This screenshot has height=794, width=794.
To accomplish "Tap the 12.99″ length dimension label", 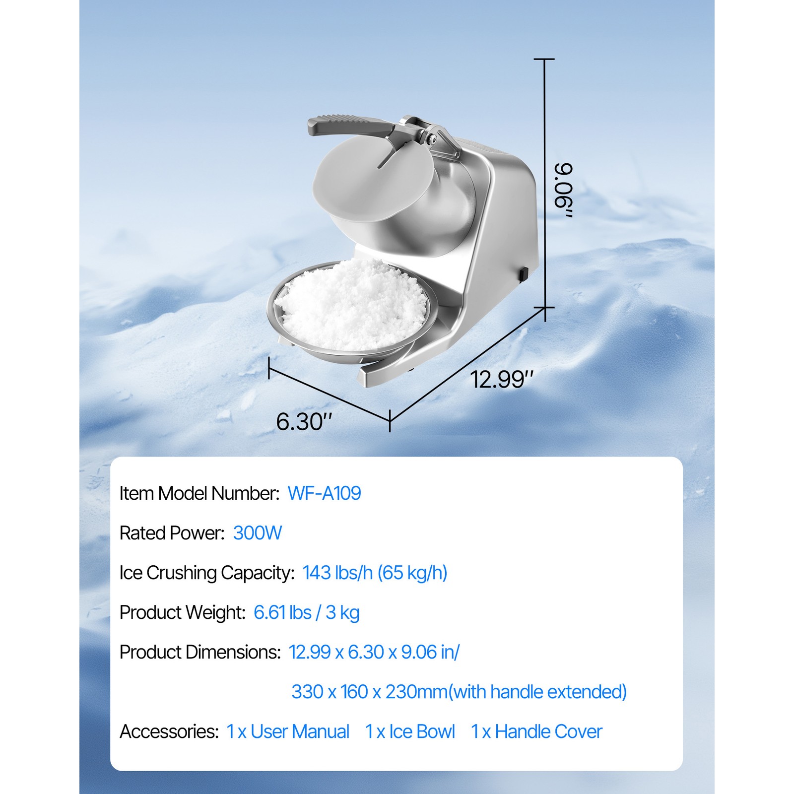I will (x=501, y=380).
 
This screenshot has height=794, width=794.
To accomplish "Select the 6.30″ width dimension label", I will (x=303, y=422).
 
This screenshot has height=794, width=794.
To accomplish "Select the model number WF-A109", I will (x=324, y=493).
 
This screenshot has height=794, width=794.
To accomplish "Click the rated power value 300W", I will (x=257, y=533).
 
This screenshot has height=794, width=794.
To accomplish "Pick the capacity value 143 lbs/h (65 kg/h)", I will (x=375, y=573).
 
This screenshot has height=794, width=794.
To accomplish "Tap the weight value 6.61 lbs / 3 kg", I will (x=306, y=612).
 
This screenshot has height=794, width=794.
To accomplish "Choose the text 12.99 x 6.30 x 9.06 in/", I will (x=374, y=652).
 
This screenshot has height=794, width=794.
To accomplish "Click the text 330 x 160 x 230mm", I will (x=369, y=692).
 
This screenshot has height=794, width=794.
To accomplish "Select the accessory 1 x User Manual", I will (x=288, y=731).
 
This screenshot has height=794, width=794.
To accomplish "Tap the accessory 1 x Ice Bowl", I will (x=410, y=731).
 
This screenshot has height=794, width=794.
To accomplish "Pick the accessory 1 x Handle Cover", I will (x=536, y=731).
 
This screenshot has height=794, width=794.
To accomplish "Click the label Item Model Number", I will (x=199, y=493).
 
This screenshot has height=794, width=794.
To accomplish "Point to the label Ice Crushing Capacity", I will (x=207, y=573).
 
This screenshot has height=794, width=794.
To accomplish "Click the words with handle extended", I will (x=539, y=692).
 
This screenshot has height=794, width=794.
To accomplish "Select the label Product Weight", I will (x=182, y=612).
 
